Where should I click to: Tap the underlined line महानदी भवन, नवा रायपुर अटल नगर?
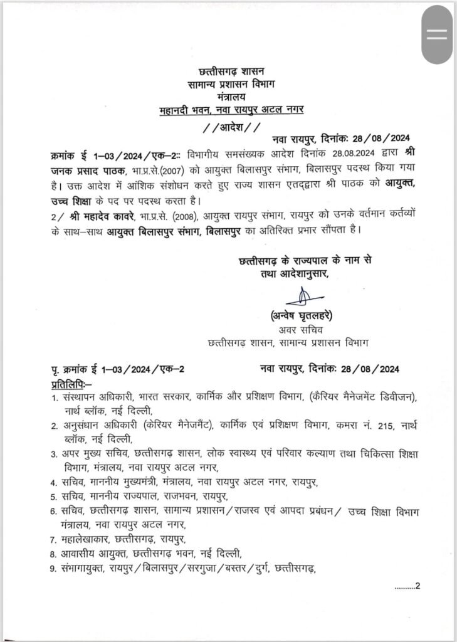coord(230,110)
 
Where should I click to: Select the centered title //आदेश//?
coord(230,128)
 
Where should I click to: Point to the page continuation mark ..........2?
coord(407,586)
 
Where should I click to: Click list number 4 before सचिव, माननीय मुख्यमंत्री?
coord(55,482)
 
